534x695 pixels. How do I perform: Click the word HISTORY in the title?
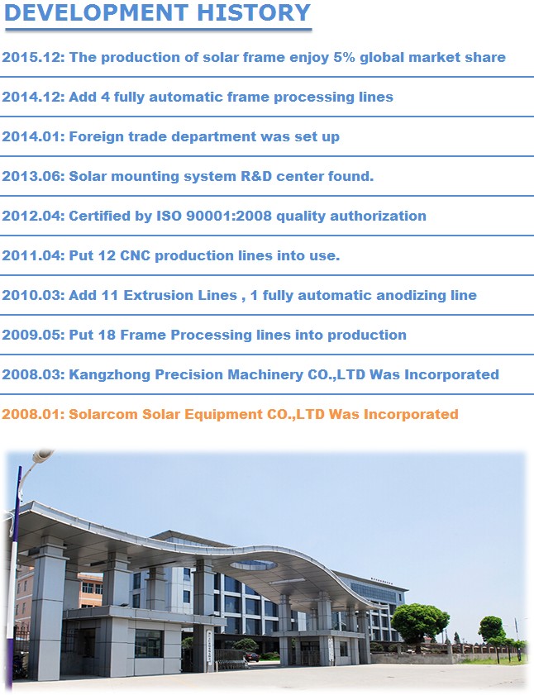[x=253, y=12]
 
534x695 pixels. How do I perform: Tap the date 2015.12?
[x=33, y=57]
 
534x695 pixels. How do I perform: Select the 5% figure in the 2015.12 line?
[x=344, y=57]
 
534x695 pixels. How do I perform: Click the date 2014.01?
[x=33, y=136]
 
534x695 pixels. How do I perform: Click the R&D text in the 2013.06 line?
[x=256, y=176]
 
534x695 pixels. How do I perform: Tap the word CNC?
[x=136, y=255]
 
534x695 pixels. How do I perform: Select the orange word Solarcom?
[x=103, y=414]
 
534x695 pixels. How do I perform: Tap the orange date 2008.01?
[x=33, y=414]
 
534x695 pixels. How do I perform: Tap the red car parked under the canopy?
[x=252, y=657]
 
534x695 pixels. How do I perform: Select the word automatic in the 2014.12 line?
[x=179, y=97]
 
